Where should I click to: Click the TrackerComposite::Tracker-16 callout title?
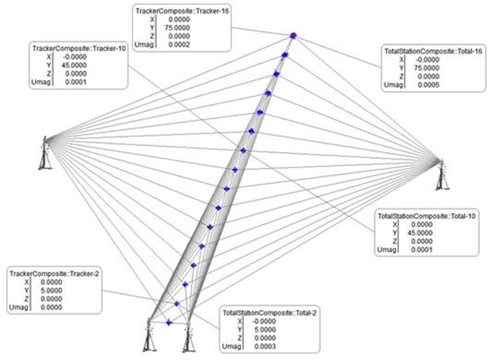[x=182, y=11]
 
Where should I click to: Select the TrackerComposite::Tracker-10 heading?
[x=78, y=48]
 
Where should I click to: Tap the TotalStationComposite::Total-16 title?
[x=433, y=52]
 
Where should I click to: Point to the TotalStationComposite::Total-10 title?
[x=427, y=216]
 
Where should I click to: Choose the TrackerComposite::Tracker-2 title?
[x=54, y=273]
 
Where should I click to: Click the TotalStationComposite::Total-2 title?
[x=270, y=313]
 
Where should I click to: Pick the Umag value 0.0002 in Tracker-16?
[x=179, y=44]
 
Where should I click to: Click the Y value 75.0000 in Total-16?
[x=428, y=68]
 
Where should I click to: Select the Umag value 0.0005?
[x=428, y=85]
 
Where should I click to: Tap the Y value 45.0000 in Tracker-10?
[x=75, y=65]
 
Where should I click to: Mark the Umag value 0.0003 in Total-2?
[x=265, y=347]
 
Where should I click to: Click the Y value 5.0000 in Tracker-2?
[x=52, y=291]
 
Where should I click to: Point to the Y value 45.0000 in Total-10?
[x=421, y=233]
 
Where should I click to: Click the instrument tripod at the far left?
[x=45, y=153]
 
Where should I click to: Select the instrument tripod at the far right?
[x=442, y=175]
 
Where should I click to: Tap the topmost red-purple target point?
[x=293, y=36]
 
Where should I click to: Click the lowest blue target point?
[x=169, y=322]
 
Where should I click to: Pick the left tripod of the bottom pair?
[x=149, y=335]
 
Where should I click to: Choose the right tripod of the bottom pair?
[x=189, y=337]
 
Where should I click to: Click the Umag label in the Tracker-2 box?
[x=18, y=307]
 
